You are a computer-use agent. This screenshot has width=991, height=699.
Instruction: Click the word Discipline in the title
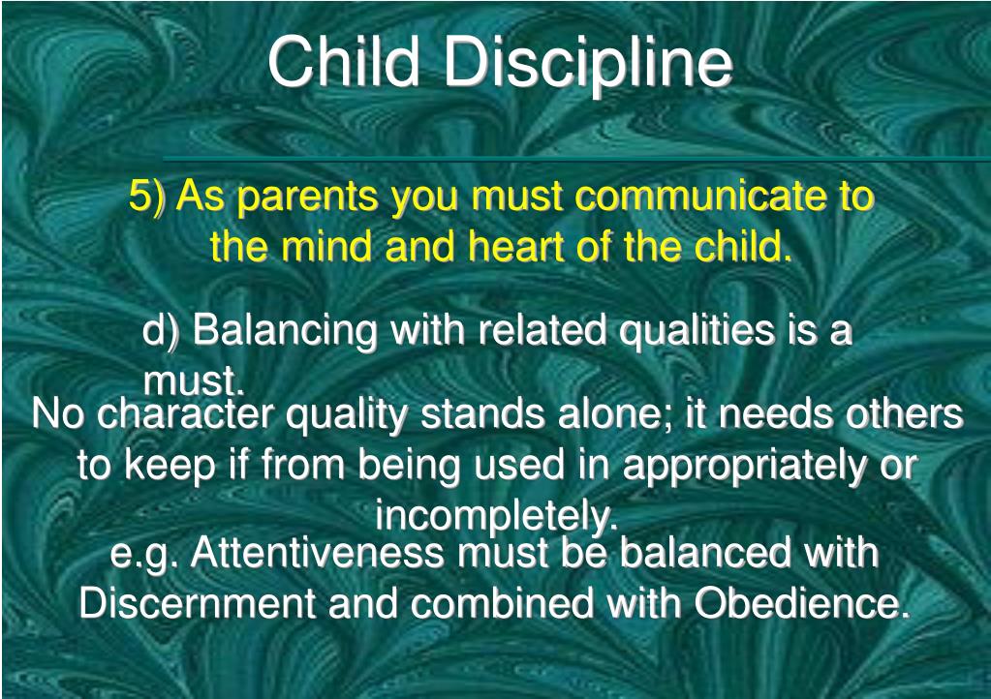[588, 64]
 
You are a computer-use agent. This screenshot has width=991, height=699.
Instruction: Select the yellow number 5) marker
[146, 196]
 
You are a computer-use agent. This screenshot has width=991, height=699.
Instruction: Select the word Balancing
[285, 331]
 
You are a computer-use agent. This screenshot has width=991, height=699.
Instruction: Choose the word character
[186, 415]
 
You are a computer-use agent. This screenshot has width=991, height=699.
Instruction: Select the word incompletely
[496, 517]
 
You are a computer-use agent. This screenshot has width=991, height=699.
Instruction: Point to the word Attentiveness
[318, 553]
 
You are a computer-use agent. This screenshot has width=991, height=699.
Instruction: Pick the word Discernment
[197, 603]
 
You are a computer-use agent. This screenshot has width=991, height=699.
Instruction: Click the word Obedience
[802, 603]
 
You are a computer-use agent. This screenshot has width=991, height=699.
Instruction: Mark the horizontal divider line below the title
[576, 160]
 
